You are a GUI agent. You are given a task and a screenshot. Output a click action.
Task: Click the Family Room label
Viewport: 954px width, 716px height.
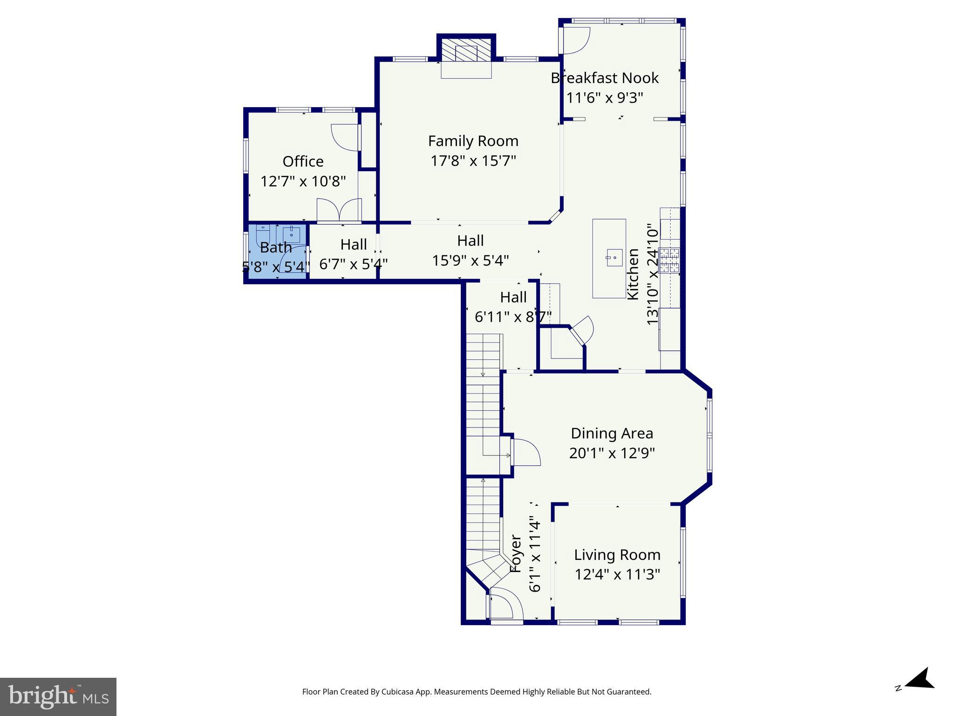click(x=473, y=141)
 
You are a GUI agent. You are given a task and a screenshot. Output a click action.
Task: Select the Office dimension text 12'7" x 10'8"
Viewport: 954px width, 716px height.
click(x=303, y=181)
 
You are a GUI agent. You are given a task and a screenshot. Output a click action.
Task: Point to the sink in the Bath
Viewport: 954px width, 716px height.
click(x=292, y=233)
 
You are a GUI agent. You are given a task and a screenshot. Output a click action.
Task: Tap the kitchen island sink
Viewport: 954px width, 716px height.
click(x=614, y=257)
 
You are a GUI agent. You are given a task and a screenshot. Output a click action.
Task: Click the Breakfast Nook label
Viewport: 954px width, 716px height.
click(x=605, y=78)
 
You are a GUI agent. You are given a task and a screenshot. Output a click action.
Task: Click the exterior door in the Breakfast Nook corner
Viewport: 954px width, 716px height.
click(x=575, y=40)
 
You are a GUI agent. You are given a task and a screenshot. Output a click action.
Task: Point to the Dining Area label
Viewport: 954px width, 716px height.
click(x=612, y=434)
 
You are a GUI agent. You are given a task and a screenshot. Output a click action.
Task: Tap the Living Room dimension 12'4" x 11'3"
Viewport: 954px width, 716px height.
click(x=617, y=574)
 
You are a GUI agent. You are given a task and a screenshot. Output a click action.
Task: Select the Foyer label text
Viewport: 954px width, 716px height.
click(x=516, y=554)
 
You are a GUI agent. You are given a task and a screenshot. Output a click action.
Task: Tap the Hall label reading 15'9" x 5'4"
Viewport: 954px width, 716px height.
click(x=470, y=260)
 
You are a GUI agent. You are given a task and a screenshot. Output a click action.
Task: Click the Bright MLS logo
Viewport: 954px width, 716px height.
click(x=58, y=696)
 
